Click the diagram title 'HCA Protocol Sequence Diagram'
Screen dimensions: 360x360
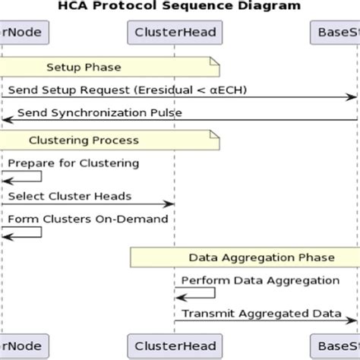click(x=179, y=6)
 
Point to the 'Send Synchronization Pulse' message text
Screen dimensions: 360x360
click(x=99, y=113)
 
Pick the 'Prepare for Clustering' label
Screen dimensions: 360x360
click(x=74, y=163)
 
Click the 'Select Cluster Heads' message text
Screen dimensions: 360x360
click(x=70, y=196)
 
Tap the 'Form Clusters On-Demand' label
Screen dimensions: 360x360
click(x=88, y=219)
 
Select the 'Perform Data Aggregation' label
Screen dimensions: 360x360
click(x=260, y=279)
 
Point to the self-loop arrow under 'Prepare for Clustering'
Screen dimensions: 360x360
click(x=23, y=176)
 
